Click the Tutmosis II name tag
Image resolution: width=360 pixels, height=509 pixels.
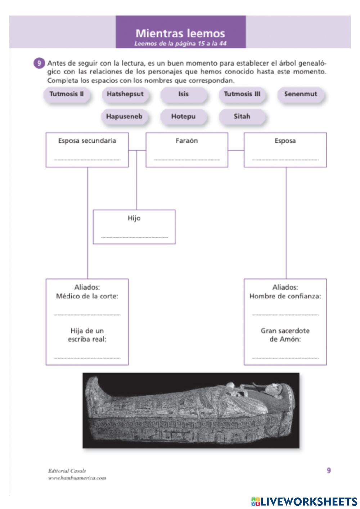tap(67, 94)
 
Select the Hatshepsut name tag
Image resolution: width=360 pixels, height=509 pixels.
tap(125, 94)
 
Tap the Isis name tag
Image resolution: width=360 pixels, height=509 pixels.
tap(183, 94)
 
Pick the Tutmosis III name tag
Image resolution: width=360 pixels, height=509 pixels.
tap(242, 94)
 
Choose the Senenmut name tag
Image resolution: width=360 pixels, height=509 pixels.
tap(301, 94)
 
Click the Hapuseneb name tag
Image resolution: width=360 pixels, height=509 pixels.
tap(124, 117)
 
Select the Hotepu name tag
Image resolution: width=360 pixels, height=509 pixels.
tap(183, 117)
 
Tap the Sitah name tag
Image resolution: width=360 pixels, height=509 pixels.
tap(242, 117)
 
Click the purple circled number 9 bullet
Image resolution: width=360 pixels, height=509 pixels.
tap(39, 63)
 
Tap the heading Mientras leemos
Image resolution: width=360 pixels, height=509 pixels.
tap(180, 34)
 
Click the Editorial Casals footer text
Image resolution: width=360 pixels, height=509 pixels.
tap(67, 470)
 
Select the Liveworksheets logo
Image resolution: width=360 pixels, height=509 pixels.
tap(304, 501)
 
